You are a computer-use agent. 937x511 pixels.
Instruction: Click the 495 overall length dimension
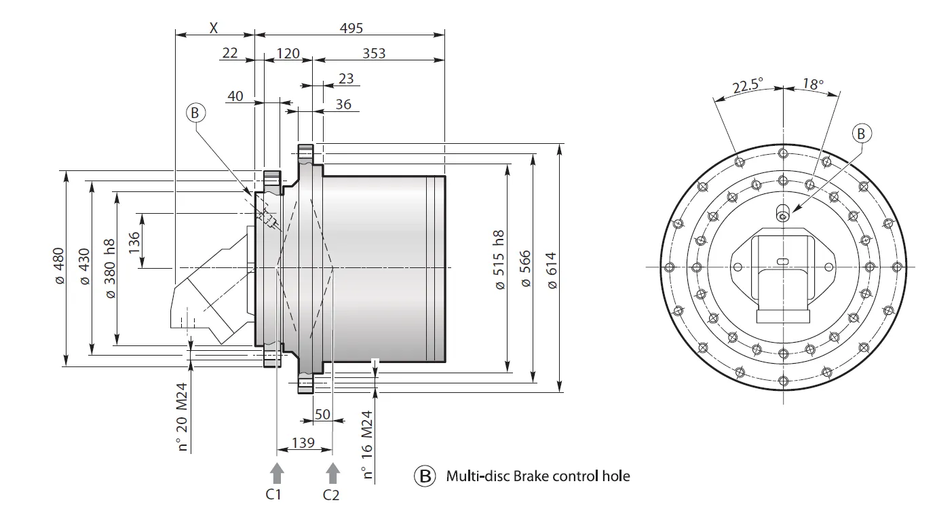point(351,28)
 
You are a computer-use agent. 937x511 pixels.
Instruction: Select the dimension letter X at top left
point(214,28)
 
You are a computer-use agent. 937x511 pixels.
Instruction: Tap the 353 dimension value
point(374,53)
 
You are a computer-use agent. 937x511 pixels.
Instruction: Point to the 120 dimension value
point(288,53)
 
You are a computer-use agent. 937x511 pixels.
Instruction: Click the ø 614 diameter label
point(551,270)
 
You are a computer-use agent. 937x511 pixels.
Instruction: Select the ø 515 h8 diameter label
point(500,261)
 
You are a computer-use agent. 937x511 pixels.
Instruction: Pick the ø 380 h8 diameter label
point(110,269)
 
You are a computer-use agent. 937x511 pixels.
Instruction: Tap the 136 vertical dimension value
point(134,241)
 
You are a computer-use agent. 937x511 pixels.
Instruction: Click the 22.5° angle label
point(747,87)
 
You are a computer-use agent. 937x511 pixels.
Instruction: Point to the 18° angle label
point(812,84)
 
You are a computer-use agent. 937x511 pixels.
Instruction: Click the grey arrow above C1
point(275,472)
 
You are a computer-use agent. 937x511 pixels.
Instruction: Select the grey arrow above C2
point(332,472)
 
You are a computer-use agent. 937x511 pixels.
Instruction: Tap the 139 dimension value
point(303,442)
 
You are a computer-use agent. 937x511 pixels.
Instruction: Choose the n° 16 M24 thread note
point(367,445)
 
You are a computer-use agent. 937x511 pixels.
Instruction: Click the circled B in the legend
point(425,476)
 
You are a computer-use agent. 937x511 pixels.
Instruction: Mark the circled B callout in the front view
point(860,134)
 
